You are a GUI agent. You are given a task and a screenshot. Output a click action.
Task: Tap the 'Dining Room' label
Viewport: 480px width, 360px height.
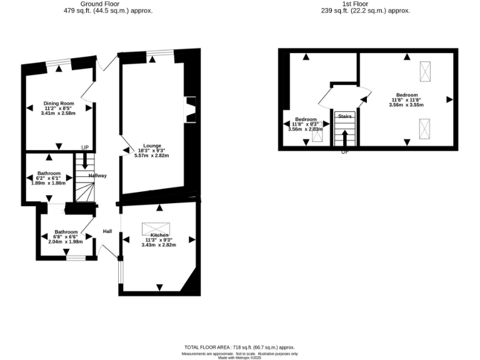59,103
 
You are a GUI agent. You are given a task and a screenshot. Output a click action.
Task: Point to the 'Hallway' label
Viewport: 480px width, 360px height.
97,176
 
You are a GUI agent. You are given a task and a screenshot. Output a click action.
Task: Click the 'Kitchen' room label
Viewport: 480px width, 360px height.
159,234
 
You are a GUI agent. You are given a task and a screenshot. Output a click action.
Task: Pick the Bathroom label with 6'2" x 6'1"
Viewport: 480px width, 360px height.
49,173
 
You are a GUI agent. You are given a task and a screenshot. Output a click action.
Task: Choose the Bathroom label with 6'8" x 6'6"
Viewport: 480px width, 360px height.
66,231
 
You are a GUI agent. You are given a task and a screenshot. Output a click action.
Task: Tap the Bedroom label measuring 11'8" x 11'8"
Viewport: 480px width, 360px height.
406,95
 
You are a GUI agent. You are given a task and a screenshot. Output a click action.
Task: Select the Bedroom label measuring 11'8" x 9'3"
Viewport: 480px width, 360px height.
306,119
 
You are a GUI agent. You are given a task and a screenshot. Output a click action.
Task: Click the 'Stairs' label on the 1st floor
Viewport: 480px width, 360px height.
344,116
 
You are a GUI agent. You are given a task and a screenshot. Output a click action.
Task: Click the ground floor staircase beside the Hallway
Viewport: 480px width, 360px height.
84,178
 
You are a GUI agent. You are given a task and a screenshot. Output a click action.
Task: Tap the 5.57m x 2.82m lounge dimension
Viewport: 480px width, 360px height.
152,155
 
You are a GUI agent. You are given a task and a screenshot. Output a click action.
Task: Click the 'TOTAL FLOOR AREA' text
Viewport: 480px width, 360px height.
207,347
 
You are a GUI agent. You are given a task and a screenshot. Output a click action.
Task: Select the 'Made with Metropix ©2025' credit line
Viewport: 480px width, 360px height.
239,357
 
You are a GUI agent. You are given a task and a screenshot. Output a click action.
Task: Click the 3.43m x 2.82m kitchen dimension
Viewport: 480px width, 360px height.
159,245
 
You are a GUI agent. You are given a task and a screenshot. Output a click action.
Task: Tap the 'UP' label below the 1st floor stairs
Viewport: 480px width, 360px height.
344,152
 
